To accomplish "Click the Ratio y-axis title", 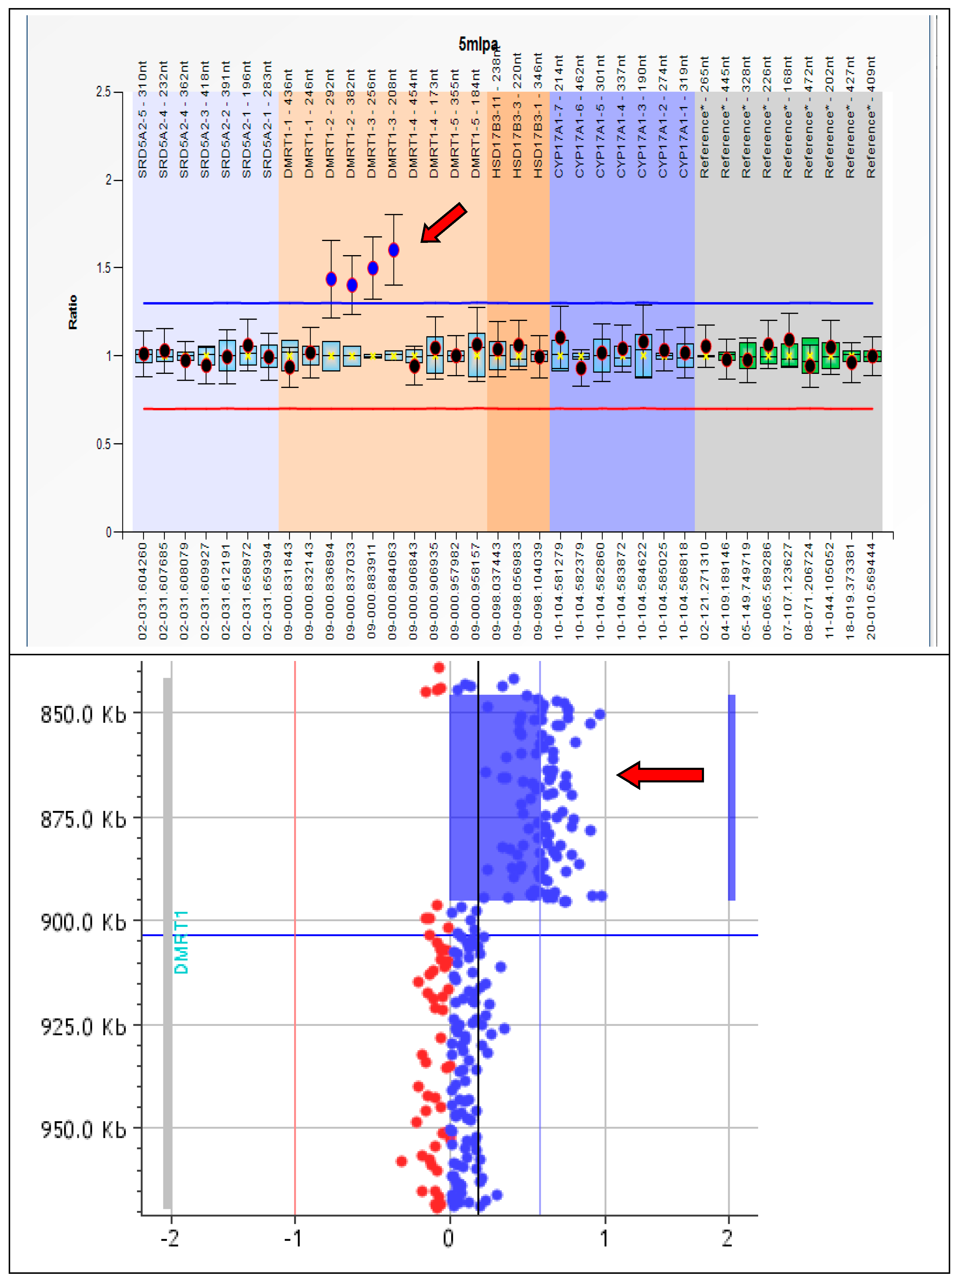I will [72, 312].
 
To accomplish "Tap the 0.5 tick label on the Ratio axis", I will [103, 444].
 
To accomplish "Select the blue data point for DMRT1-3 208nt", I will [394, 250].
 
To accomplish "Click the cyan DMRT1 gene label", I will [182, 942].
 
